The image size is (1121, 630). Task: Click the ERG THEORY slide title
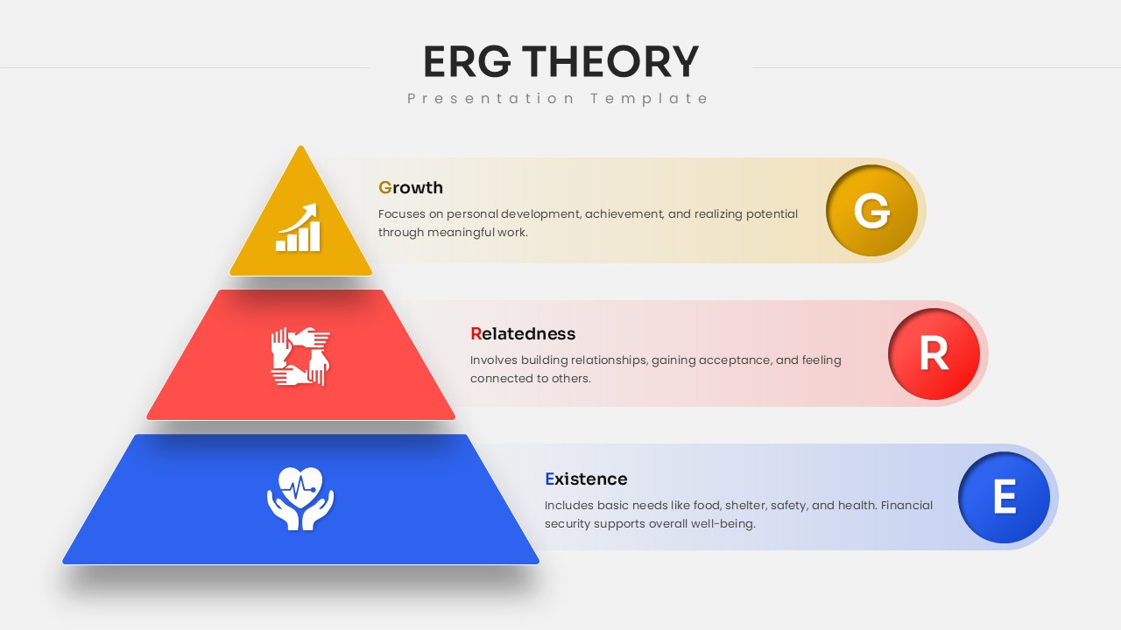[560, 62]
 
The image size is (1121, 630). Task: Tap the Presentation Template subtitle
[558, 98]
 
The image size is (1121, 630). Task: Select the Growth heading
[411, 187]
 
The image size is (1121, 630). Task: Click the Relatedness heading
[523, 333]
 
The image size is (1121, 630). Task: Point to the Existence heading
[586, 479]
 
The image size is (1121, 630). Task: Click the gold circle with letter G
[871, 211]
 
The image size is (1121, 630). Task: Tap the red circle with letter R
[934, 354]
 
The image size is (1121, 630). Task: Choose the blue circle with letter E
[1004, 497]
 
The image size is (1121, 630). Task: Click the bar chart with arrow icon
[299, 228]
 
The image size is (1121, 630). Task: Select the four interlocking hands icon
[300, 356]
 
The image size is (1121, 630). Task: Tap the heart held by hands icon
[300, 498]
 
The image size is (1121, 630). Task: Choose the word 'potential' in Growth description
[771, 213]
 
